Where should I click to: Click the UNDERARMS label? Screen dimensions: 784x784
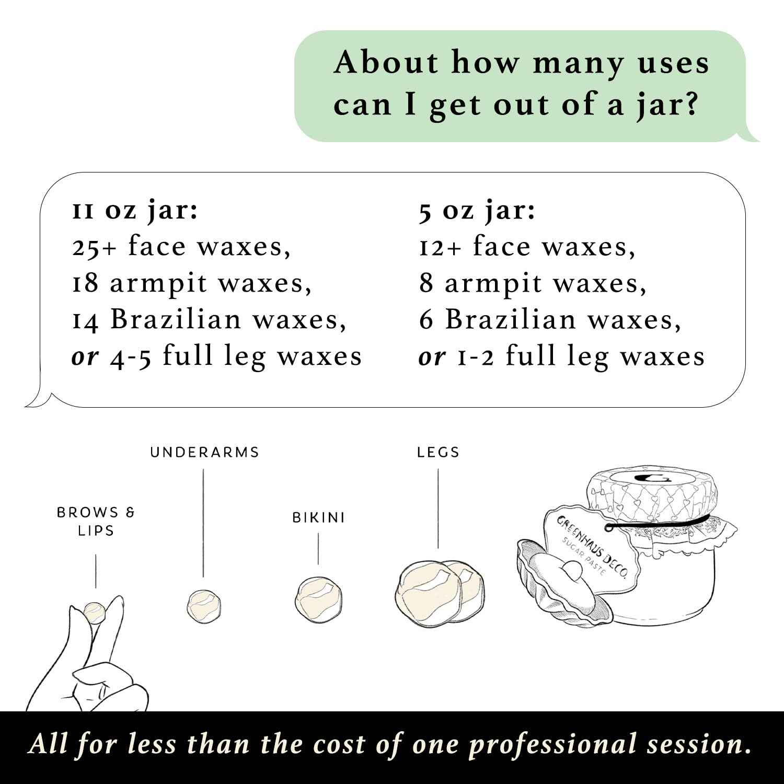[x=204, y=452]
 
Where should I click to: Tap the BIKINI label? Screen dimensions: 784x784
[x=318, y=518]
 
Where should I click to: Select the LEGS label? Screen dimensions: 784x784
[x=438, y=452]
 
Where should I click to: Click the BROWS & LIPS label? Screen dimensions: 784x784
[x=96, y=521]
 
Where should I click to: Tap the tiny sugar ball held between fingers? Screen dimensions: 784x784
[x=96, y=613]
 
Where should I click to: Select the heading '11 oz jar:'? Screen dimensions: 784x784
[x=135, y=212]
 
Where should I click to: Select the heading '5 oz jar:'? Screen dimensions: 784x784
[x=477, y=212]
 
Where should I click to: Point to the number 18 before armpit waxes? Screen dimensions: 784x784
[x=85, y=284]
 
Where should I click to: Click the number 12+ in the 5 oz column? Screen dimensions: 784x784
[x=440, y=248]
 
